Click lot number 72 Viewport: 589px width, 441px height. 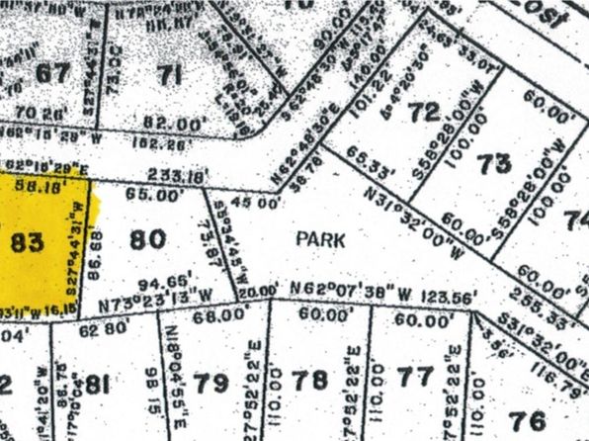tap(425, 113)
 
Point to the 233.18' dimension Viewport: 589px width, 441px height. tap(178, 176)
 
